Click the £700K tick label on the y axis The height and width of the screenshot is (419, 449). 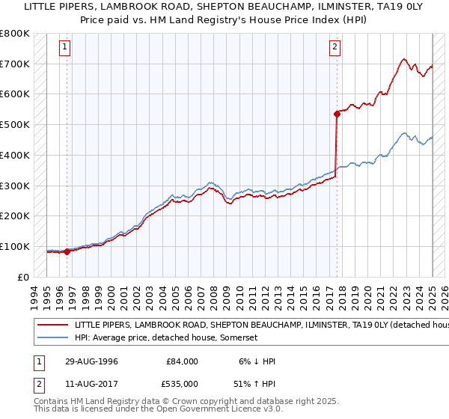[x=15, y=64]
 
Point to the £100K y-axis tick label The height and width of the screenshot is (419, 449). [x=15, y=246]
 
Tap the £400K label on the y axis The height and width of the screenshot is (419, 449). [x=15, y=156]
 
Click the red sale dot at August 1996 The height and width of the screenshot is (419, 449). [x=67, y=251]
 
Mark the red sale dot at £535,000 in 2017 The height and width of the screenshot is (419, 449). [x=336, y=114]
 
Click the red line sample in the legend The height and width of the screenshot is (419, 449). [x=55, y=326]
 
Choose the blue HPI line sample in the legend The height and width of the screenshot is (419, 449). [x=55, y=338]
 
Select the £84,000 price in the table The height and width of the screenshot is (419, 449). [x=182, y=361]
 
